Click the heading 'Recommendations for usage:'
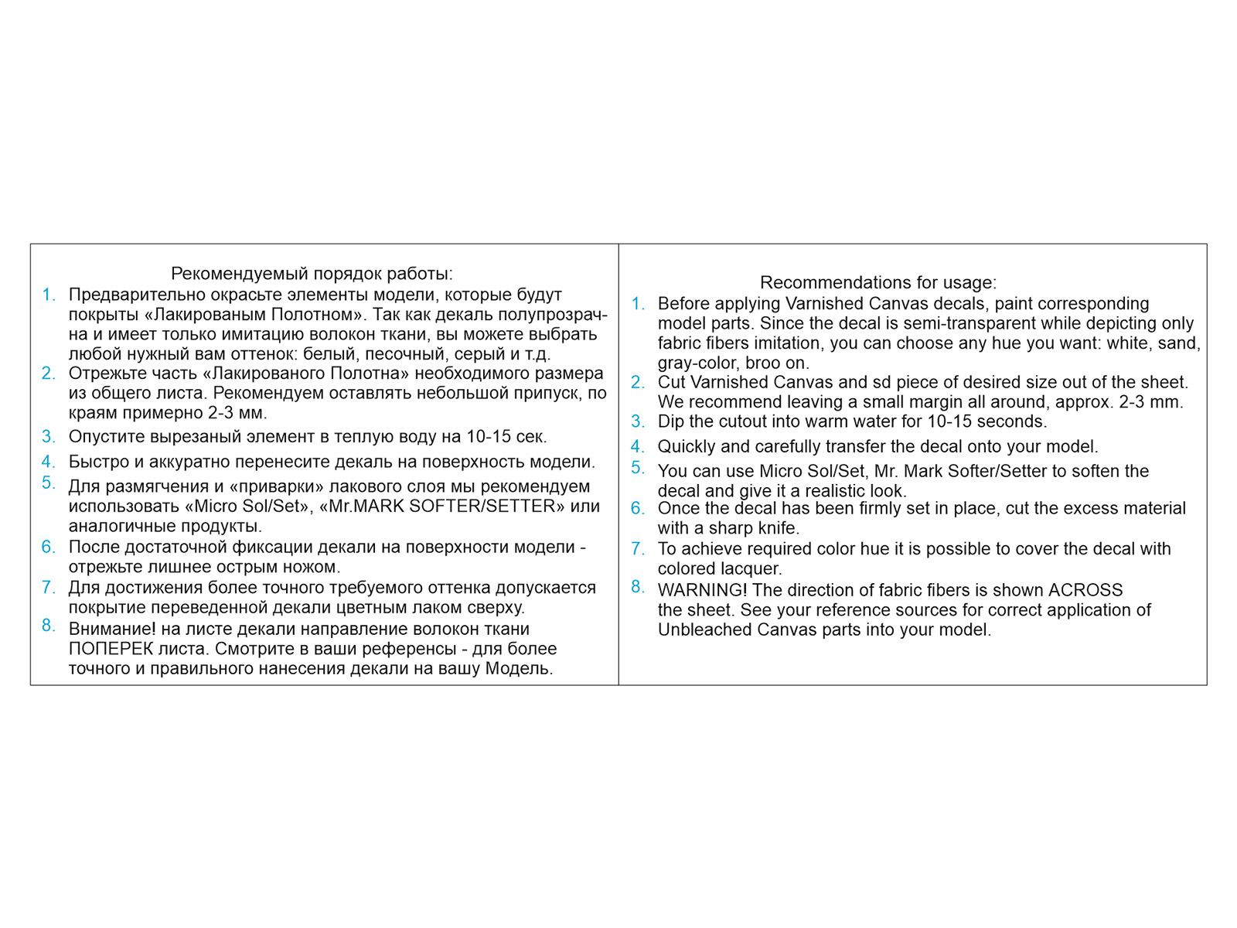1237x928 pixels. click(x=878, y=282)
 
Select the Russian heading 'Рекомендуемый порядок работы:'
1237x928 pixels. click(x=312, y=274)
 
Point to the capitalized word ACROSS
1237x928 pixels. click(x=1085, y=590)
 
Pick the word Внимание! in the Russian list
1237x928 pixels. click(x=112, y=629)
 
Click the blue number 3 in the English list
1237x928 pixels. click(x=637, y=421)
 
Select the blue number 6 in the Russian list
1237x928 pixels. click(x=48, y=547)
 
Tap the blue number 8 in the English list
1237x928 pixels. click(x=637, y=587)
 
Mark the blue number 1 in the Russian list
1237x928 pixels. click(x=48, y=295)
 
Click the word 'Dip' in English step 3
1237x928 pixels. click(x=671, y=421)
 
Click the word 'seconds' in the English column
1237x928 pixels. click(x=1013, y=421)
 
